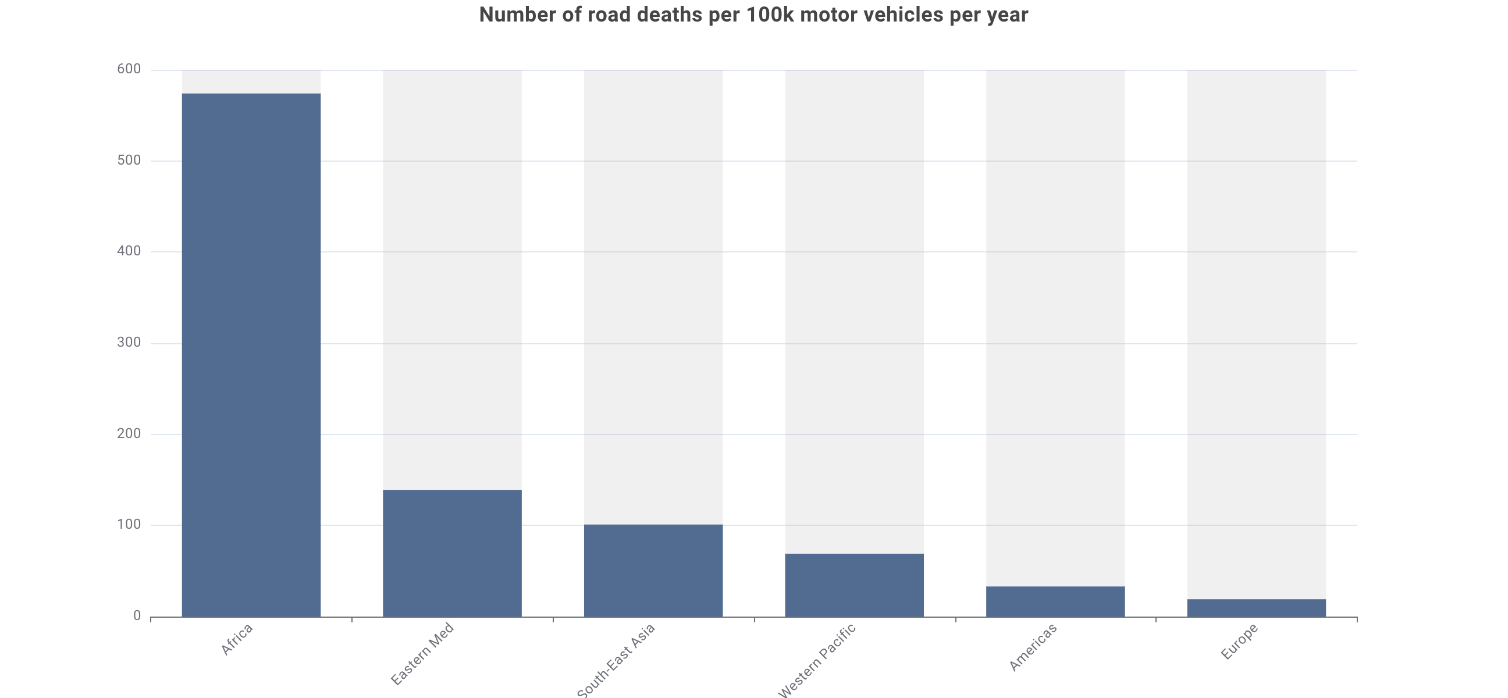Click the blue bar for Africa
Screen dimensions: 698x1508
(x=251, y=355)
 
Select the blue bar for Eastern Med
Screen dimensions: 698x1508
(x=452, y=553)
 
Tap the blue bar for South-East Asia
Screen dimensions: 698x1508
(x=653, y=571)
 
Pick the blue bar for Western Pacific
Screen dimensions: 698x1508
(x=854, y=585)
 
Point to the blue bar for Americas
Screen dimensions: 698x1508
(x=1055, y=601)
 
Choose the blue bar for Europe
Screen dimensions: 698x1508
(x=1256, y=608)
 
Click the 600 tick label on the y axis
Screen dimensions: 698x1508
(x=129, y=69)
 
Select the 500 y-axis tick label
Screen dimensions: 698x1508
(x=129, y=161)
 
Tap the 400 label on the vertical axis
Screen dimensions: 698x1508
(x=129, y=251)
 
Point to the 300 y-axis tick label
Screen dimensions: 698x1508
(x=129, y=342)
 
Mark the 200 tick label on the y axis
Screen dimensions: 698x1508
(x=129, y=433)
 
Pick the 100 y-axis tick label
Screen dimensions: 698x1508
(x=129, y=525)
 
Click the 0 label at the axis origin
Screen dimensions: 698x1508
(x=137, y=615)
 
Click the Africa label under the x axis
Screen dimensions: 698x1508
(x=237, y=639)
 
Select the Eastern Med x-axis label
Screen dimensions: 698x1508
(x=422, y=654)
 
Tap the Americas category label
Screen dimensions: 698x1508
(x=1033, y=647)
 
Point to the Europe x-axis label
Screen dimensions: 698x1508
(x=1239, y=642)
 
